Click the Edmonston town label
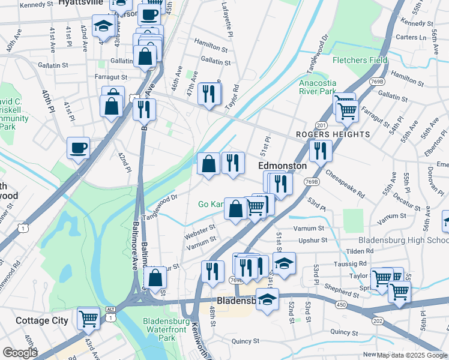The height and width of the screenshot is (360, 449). pos(282,166)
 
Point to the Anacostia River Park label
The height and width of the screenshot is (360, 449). pos(318,88)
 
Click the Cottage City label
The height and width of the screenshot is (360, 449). pos(42,320)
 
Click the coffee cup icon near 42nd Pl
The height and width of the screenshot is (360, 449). pos(78,148)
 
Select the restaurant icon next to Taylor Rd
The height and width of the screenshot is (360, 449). pos(209,93)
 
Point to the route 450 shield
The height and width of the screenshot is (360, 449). pos(342,305)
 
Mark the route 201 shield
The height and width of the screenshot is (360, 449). pos(321,125)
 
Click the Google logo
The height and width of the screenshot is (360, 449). pos(20,352)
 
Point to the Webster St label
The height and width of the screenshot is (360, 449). pos(200,229)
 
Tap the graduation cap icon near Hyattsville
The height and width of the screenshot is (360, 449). pos(103,26)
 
